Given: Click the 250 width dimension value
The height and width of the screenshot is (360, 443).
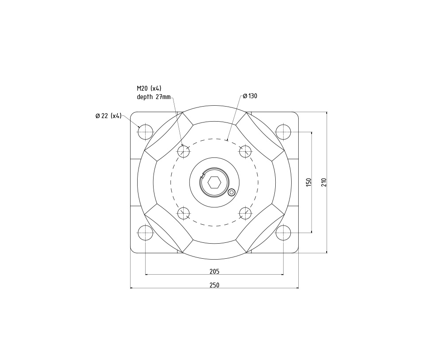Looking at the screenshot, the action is tap(215, 285).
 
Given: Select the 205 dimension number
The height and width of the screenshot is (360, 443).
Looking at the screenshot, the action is tap(215, 272).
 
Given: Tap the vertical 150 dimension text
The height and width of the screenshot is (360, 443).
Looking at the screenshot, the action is tap(308, 182).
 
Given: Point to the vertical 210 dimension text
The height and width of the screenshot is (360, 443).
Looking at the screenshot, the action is tap(324, 182).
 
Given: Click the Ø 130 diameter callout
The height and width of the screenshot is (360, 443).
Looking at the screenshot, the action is tap(250, 96).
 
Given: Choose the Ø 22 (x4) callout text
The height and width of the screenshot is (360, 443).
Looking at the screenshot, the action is tap(108, 116).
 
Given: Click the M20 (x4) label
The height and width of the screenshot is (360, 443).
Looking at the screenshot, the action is tap(149, 88).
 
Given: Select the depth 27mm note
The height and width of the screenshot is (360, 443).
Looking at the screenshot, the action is tap(154, 97).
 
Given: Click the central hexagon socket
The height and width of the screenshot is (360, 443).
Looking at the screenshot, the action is tap(214, 183).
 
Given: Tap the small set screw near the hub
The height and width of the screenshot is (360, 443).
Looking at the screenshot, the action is tap(231, 192).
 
